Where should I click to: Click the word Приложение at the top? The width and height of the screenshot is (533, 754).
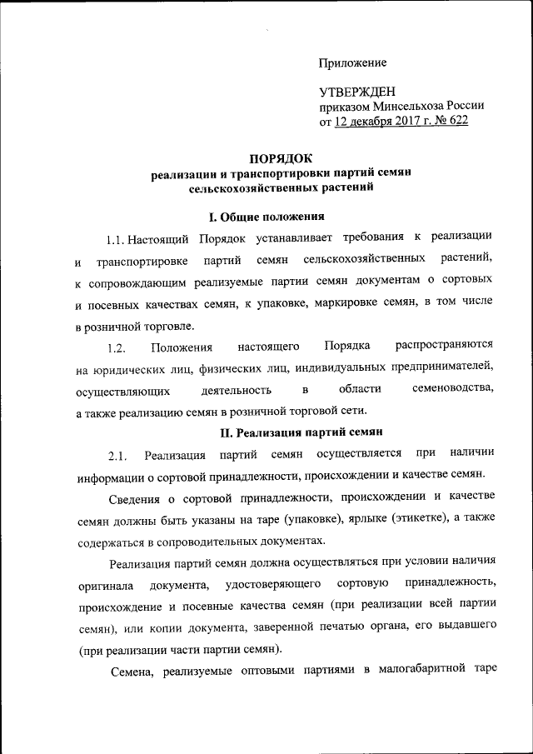pyautogui.click(x=352, y=63)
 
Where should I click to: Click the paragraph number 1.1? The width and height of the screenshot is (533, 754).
pyautogui.click(x=120, y=240)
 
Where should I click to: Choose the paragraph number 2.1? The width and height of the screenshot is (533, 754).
pyautogui.click(x=116, y=454)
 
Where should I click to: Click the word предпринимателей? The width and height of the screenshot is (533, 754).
pyautogui.click(x=439, y=367)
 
